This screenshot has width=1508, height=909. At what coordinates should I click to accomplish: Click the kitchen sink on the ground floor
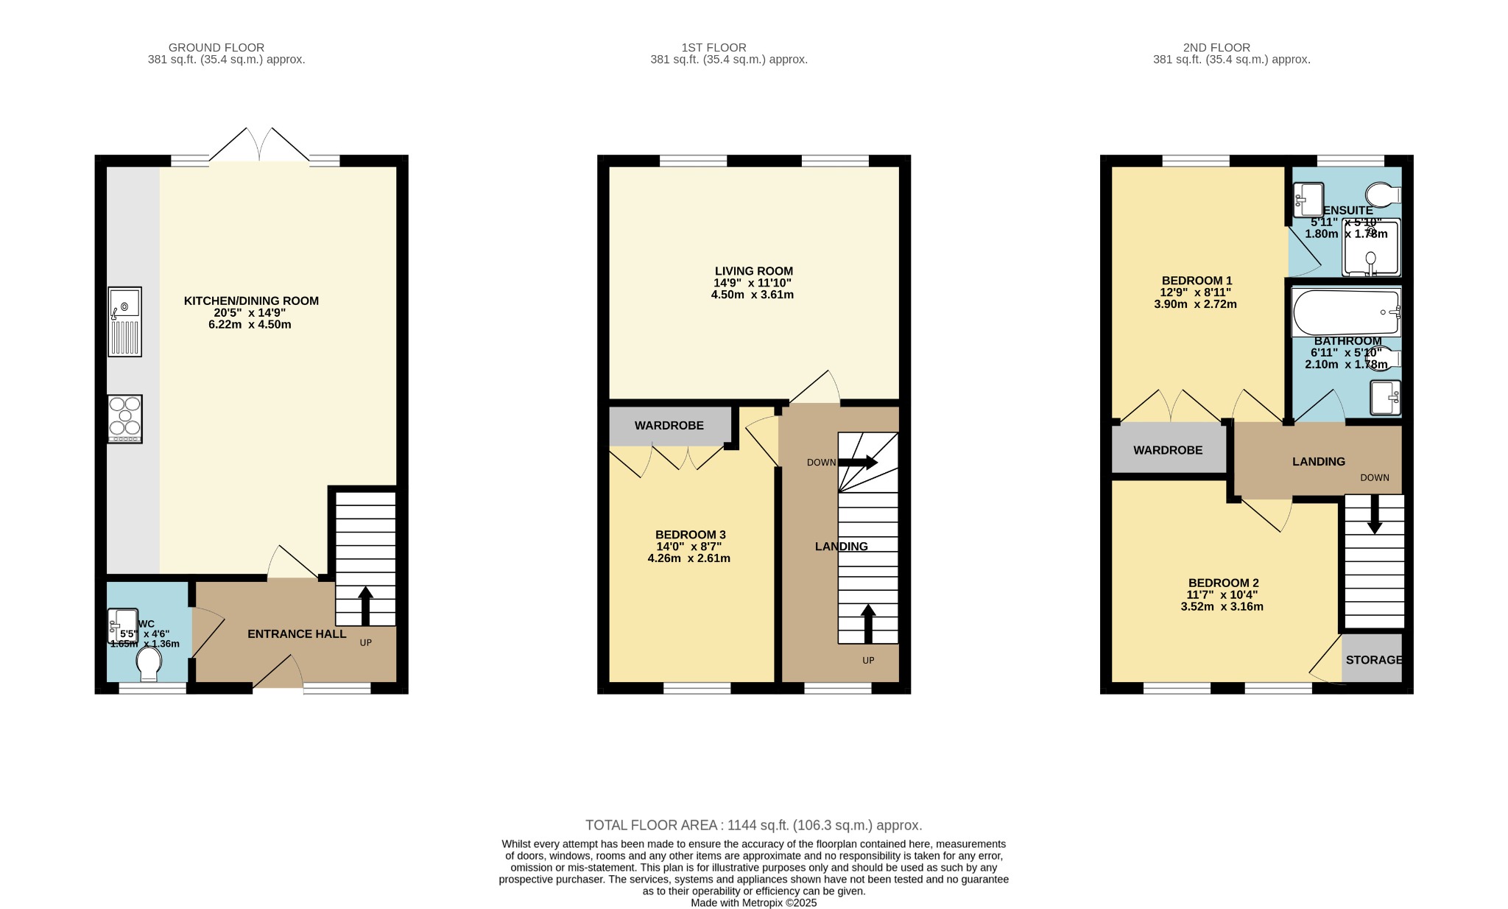point(124,322)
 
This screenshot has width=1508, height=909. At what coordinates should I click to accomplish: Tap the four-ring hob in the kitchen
point(124,418)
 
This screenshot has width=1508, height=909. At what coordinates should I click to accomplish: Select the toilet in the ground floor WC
point(149,663)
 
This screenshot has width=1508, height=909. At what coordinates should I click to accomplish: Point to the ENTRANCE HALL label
point(296,634)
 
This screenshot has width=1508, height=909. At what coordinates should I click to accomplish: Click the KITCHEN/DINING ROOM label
point(251,301)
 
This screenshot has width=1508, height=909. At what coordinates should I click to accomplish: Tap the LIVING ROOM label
point(753,271)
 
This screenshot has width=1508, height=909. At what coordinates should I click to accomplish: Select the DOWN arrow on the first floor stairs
point(859,463)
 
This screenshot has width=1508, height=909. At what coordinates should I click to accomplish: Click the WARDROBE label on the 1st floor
point(669,426)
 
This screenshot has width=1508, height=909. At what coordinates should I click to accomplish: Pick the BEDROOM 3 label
point(690,535)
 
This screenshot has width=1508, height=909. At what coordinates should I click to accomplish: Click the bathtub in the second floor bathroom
point(1345,312)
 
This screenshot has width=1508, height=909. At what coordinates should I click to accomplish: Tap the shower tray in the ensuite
point(1370,248)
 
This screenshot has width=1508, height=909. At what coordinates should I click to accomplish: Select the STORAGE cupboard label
point(1373,660)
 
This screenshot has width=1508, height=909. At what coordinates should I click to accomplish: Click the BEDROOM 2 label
point(1223,583)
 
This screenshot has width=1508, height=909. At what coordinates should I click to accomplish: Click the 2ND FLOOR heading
point(1231,47)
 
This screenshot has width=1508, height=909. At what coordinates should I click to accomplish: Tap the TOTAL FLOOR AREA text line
point(753,825)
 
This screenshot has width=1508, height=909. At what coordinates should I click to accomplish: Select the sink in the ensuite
point(1308,200)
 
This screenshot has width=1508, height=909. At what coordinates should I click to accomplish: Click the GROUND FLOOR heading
point(216,47)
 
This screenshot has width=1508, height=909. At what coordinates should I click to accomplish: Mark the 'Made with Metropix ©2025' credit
point(753,902)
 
